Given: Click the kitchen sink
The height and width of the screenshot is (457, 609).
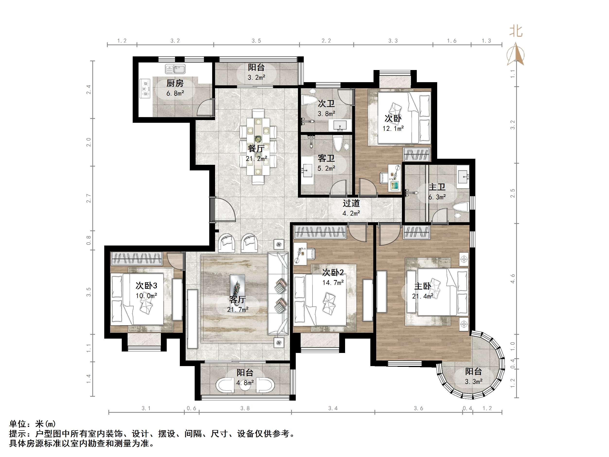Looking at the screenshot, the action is (x=175, y=69).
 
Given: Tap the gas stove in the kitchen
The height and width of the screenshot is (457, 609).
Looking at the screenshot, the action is (x=145, y=89).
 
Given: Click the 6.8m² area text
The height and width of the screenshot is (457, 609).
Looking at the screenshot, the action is (x=175, y=93).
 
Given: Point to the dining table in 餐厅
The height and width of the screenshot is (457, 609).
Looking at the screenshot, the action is (x=258, y=146).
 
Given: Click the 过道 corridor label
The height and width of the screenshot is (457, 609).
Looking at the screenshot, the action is (x=351, y=203).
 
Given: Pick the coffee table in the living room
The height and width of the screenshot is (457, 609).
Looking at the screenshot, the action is (x=237, y=286).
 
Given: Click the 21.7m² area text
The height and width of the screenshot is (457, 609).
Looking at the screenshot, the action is (x=238, y=310).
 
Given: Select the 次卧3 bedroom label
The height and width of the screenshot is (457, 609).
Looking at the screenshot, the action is (x=146, y=286).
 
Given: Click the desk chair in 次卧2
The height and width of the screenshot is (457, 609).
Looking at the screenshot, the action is (x=311, y=254).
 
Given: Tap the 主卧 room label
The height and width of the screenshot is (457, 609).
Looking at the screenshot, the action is (x=423, y=286).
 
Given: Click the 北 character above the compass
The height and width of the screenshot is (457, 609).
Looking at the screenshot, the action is (x=516, y=31).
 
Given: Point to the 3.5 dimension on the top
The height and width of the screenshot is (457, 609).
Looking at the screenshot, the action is (x=256, y=41).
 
